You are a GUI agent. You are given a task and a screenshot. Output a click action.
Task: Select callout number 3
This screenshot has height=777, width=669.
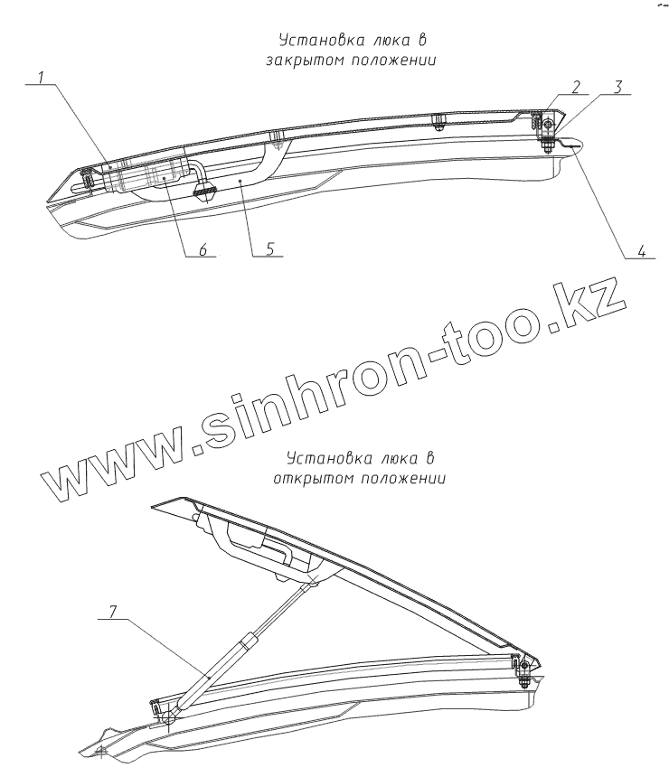point(617,88)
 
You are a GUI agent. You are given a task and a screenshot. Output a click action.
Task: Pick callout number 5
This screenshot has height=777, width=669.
point(269,250)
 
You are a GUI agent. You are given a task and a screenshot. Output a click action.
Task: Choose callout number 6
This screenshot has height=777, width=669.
point(204,250)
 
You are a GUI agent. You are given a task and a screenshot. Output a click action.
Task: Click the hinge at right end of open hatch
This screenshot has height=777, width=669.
point(522,667)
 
